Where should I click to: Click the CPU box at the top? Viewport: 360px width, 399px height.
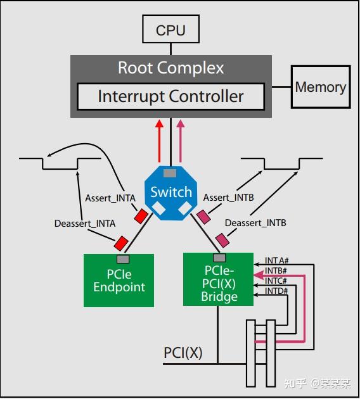170,30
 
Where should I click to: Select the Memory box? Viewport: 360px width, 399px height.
320,87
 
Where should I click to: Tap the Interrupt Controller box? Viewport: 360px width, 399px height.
170,97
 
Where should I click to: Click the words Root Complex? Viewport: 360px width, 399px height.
170,68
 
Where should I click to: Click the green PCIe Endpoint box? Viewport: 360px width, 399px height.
119,281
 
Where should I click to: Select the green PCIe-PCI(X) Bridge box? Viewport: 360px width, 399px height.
218,281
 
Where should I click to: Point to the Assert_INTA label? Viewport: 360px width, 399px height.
110,198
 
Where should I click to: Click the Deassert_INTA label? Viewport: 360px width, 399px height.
85,223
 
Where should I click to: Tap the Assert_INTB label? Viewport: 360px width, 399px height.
228,198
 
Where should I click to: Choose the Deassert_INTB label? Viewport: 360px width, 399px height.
255,223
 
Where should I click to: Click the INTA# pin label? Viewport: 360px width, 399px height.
277,260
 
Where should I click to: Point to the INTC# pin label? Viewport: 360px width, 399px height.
276,281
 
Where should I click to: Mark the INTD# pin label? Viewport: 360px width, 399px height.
276,291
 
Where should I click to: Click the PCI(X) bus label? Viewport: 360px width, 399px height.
183,353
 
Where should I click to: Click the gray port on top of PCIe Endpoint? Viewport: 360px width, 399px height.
123,259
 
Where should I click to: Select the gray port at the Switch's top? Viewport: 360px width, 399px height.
170,173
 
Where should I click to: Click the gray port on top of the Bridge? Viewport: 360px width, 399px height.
219,258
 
